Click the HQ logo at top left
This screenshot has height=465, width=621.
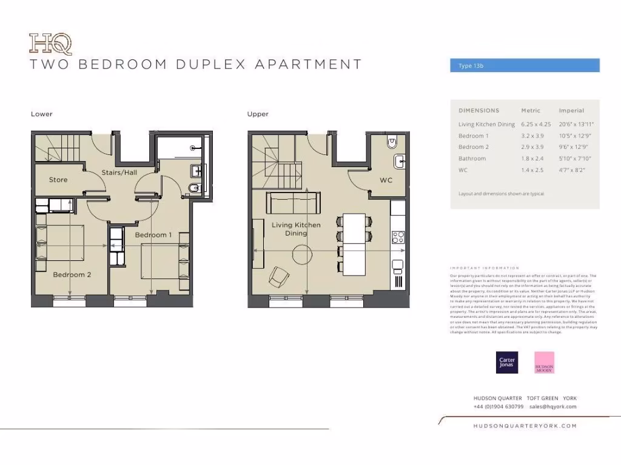tap(50, 44)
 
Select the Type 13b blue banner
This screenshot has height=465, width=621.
tap(525, 65)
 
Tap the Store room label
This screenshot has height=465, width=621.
tap(58, 180)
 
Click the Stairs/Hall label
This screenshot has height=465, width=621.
tap(119, 173)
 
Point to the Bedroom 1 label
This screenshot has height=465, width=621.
tap(153, 235)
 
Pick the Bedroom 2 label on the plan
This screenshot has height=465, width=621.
tap(72, 274)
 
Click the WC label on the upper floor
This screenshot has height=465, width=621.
tap(386, 180)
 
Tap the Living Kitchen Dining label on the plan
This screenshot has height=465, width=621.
tap(296, 229)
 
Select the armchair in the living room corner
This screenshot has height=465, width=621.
tap(279, 277)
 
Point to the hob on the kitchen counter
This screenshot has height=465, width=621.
tap(398, 237)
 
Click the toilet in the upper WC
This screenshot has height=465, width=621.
tap(392, 142)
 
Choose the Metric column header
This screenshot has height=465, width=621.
tap(531, 111)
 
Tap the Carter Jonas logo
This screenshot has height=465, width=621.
tap(507, 362)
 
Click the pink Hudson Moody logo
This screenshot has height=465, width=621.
tap(544, 362)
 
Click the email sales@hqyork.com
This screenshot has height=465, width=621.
tap(549, 407)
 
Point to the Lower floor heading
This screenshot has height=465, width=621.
tap(42, 114)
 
